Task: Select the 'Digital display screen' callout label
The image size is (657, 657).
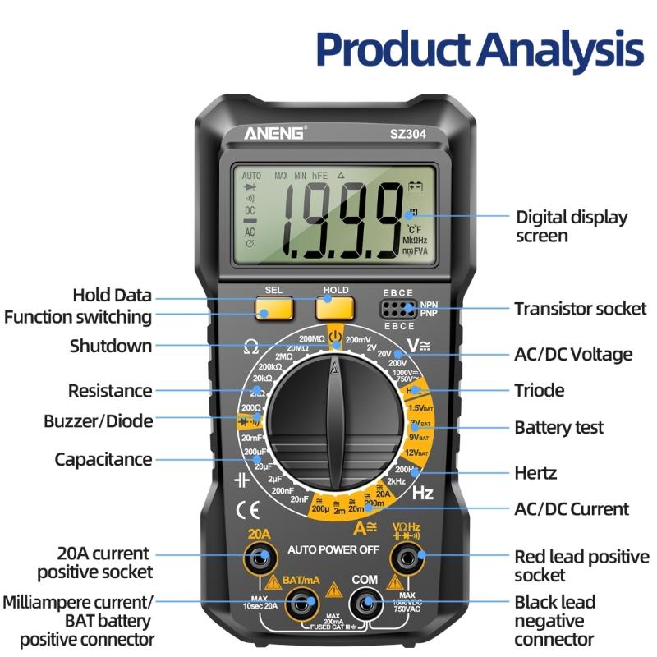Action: point(572,227)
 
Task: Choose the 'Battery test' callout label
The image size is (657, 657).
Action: point(558,428)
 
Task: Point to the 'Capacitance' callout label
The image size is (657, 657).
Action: point(103,459)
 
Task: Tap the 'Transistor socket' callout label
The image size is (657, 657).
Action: point(580,309)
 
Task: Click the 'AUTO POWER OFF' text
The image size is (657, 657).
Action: point(333,549)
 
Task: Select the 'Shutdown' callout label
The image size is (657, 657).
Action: point(111,346)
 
